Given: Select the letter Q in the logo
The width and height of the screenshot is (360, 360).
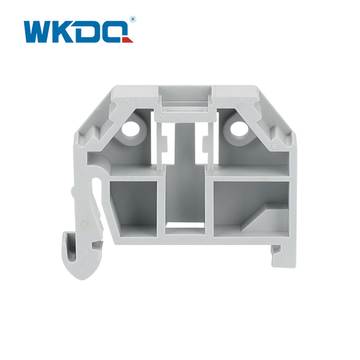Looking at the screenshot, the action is (x=116, y=31).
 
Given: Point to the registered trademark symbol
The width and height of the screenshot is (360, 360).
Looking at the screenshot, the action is (x=133, y=19).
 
